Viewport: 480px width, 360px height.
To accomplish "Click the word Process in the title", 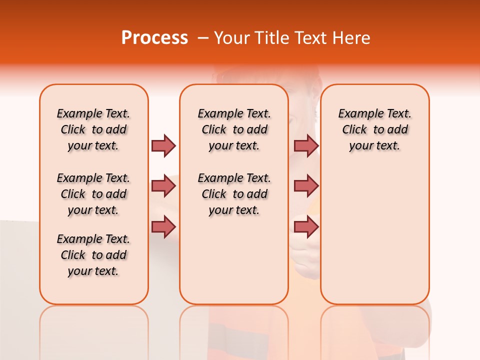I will point(154,38).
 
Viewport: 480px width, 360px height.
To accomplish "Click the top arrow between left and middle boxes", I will point(163,145).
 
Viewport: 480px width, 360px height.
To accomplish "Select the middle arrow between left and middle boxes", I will point(163,186).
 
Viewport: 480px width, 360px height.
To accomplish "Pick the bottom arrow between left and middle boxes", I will point(163,227).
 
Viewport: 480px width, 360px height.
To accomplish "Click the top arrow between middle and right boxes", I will point(306,145).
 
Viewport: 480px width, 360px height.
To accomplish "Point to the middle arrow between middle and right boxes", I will point(306,186).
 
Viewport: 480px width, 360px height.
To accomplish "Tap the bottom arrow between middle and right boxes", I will point(306,227).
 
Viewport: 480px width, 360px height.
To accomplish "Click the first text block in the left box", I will point(93,129).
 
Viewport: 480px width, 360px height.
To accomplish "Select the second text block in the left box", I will point(93,194).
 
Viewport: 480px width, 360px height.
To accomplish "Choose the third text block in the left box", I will point(93,255).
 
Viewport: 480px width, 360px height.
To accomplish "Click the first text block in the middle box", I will point(234,129).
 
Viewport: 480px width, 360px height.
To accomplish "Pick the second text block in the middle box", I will point(234,194).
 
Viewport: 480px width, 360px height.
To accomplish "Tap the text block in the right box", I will point(374,129).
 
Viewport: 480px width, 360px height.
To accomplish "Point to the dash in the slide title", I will point(202,38).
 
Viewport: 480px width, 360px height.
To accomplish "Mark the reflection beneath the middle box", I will point(234,330).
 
